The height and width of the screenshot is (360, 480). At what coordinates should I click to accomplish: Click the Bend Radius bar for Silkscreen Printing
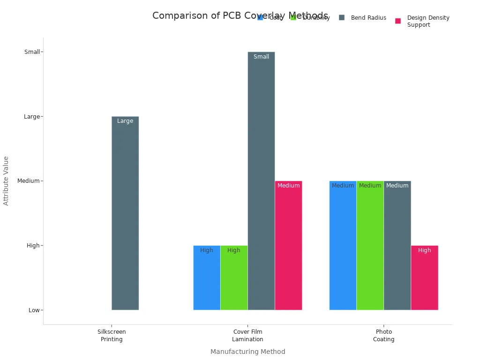tap(125, 213)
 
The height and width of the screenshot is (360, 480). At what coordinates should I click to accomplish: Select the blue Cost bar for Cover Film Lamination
tap(207, 277)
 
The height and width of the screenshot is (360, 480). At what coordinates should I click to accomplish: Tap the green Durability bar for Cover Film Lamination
tap(234, 277)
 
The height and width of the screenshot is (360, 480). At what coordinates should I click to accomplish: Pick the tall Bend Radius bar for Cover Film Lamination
tap(261, 181)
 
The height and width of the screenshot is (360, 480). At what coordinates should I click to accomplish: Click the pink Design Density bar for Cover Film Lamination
tap(288, 245)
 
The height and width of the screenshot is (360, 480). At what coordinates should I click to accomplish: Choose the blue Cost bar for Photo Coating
tap(343, 245)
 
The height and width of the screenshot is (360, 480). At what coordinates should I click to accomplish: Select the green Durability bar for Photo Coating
tap(370, 245)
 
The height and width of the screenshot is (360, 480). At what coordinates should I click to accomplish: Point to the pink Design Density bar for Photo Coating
tap(424, 277)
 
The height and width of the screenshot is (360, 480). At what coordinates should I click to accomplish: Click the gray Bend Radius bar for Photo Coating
tap(397, 245)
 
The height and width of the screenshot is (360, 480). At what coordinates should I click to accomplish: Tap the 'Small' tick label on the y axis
tap(32, 52)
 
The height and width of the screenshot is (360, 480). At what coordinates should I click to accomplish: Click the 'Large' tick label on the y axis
tap(32, 117)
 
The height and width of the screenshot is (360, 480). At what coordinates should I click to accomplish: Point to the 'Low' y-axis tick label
tap(34, 310)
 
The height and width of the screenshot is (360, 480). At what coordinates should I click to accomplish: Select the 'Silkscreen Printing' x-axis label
tap(112, 336)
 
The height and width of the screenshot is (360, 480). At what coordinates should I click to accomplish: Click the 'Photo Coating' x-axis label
tap(383, 336)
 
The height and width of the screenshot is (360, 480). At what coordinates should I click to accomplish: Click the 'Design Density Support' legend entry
tap(428, 21)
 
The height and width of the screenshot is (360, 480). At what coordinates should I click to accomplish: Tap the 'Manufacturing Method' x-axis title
tap(247, 352)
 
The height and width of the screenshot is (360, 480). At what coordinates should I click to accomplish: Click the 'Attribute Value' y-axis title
tap(6, 180)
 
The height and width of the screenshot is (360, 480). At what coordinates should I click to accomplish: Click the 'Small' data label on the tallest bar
tap(261, 57)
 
